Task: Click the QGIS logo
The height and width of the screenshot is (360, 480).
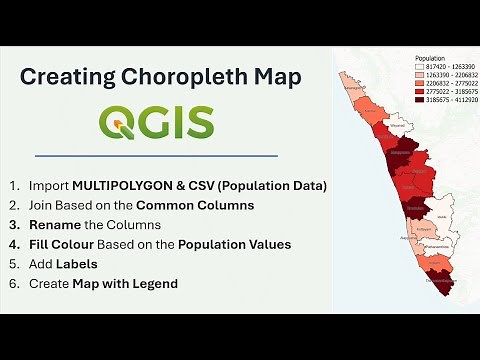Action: pos(156,122)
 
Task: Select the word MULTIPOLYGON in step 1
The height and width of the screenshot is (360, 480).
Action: pos(135,185)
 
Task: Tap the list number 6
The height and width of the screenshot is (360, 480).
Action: pos(13,283)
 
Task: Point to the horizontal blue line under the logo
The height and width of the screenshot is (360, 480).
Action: pos(156,155)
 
